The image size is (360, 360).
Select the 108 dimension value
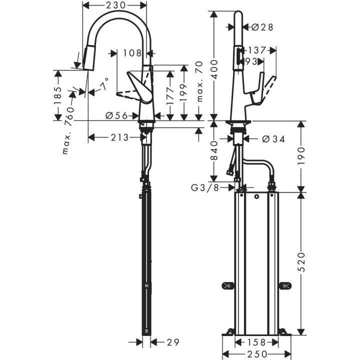131,51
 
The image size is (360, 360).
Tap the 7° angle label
104,85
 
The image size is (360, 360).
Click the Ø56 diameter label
116,115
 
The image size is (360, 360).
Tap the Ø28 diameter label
262,27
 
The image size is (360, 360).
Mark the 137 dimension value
255,50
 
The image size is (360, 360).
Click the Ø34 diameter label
273,139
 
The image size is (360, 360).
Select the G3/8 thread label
206,188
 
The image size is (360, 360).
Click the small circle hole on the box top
256,197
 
